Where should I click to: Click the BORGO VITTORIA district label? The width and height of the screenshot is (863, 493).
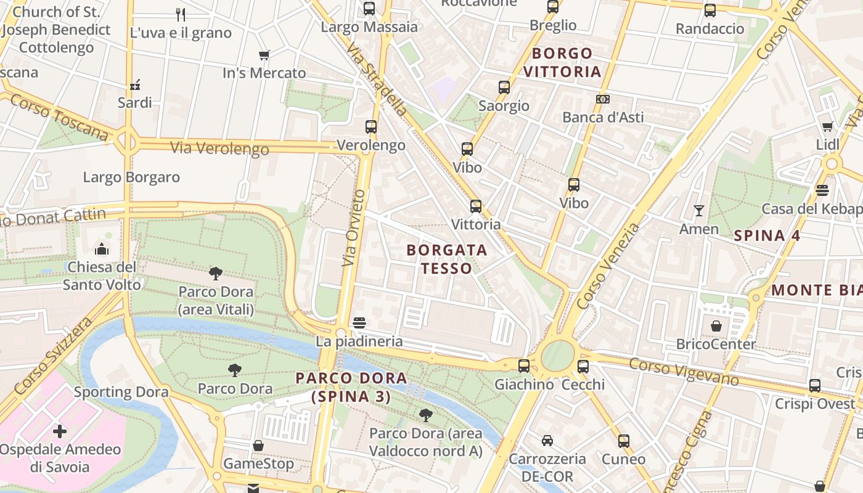coord(562,62)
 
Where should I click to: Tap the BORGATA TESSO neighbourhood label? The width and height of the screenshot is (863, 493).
coord(447,259)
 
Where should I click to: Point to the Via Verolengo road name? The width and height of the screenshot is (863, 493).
coord(219,149)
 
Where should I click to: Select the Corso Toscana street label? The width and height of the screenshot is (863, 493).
coord(59,117)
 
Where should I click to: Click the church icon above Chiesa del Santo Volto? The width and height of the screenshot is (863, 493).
coord(101,249)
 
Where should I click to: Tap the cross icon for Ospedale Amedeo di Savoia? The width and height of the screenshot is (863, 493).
coord(60,431)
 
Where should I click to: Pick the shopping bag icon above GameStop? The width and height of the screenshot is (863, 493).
coord(258,446)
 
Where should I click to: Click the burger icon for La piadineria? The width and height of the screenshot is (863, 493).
coord(359,323)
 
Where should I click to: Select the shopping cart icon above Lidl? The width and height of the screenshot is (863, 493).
coord(827,126)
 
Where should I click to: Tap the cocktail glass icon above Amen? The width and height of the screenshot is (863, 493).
coord(698,211)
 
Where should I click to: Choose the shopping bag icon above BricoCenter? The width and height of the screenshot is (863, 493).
coord(716,326)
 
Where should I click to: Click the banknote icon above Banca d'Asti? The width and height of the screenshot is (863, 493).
coord(603,99)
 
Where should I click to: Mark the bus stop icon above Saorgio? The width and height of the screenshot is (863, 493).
coord(504,88)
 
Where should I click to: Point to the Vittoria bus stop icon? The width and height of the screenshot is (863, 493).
coord(475,206)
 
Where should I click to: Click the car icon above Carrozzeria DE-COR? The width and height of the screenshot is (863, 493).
coord(547,441)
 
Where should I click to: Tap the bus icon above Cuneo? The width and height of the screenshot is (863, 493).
coord(623,441)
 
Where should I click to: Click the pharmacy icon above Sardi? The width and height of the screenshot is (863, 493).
coord(135,84)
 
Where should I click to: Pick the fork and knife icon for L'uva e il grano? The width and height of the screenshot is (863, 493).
coord(181,14)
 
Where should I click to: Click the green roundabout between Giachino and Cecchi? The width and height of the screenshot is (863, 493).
coord(557,357)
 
